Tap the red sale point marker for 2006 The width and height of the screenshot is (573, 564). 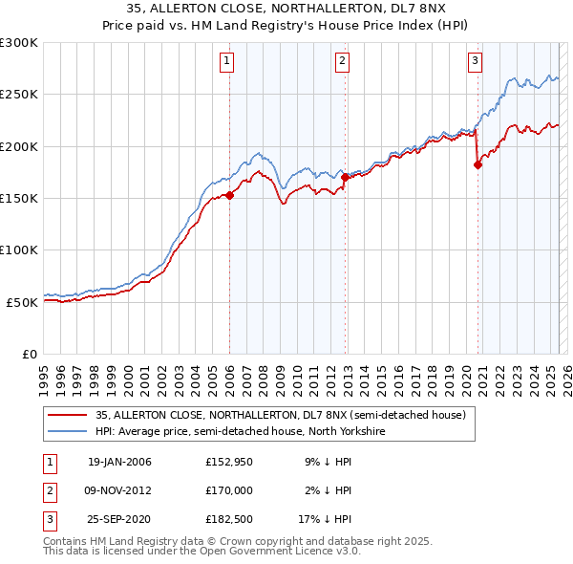(x=229, y=195)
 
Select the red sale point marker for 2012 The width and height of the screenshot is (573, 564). (x=345, y=177)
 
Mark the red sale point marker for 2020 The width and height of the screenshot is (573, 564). (x=478, y=164)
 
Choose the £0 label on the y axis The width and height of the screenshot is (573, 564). (x=29, y=354)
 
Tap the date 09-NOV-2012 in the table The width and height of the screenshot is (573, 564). (x=119, y=490)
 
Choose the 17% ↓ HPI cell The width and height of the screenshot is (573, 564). (x=325, y=518)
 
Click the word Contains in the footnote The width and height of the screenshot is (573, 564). (x=68, y=541)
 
